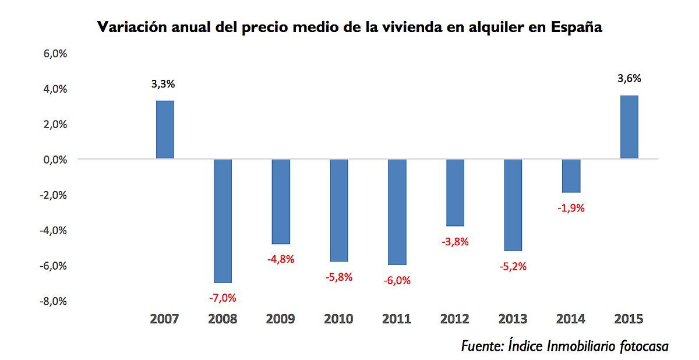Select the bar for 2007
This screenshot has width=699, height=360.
pyautogui.click(x=165, y=129)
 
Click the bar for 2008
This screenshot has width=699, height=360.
pyautogui.click(x=223, y=221)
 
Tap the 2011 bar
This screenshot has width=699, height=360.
pyautogui.click(x=397, y=212)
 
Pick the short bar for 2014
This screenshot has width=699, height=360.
pyautogui.click(x=571, y=176)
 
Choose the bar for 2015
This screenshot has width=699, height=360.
pyautogui.click(x=629, y=127)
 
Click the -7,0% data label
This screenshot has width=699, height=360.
pyautogui.click(x=223, y=298)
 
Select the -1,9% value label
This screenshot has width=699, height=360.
pyautogui.click(x=571, y=208)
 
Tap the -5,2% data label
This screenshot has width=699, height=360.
pyautogui.click(x=513, y=266)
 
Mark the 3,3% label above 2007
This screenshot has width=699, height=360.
pyautogui.click(x=163, y=84)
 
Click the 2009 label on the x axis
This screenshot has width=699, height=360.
pyautogui.click(x=280, y=319)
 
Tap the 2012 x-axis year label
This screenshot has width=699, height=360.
pyautogui.click(x=455, y=319)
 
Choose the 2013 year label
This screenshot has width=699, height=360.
pyautogui.click(x=513, y=319)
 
